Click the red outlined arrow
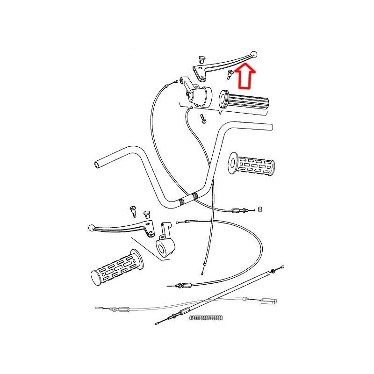pos(245,76)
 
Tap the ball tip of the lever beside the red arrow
pos(254,54)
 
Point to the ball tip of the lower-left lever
pos(91,228)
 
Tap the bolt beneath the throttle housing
pos(202,119)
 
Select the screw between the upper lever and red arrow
pos(230,73)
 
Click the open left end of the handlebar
pos(97,164)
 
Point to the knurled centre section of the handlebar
pos(188,200)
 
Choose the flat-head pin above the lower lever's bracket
pos(146,214)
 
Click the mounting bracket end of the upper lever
pos(200,72)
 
